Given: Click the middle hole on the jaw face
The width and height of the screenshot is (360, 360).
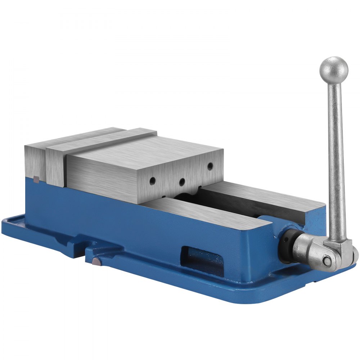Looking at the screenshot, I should tap(182, 181).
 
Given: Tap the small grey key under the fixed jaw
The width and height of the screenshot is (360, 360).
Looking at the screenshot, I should tap(35, 179).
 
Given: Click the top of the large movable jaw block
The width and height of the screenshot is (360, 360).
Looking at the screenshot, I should tap(144, 151).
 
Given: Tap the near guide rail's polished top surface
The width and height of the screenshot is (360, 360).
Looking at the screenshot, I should tap(202, 212).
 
